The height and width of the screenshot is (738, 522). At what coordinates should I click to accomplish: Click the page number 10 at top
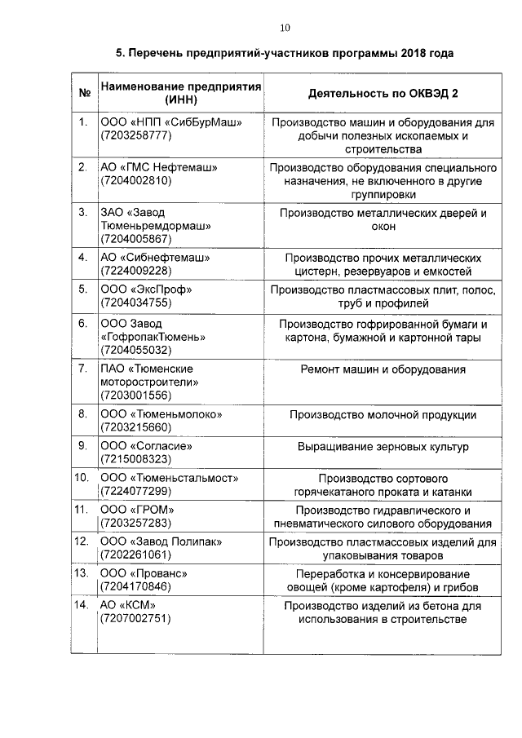pyautogui.click(x=285, y=28)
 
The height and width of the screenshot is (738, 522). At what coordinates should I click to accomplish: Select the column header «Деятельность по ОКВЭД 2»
pyautogui.click(x=383, y=92)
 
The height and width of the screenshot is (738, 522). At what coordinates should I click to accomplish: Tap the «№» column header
pyautogui.click(x=83, y=92)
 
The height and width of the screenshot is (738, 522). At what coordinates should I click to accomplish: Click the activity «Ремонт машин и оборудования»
pyautogui.click(x=383, y=369)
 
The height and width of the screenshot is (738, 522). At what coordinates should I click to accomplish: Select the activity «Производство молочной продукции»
pyautogui.click(x=383, y=414)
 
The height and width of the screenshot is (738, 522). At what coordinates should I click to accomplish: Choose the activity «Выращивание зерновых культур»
pyautogui.click(x=383, y=447)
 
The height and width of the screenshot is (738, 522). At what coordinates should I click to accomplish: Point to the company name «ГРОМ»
pyautogui.click(x=159, y=510)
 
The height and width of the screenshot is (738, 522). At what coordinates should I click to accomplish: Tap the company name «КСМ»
pyautogui.click(x=139, y=605)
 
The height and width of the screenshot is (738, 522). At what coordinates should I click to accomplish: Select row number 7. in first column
pyautogui.click(x=83, y=369)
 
